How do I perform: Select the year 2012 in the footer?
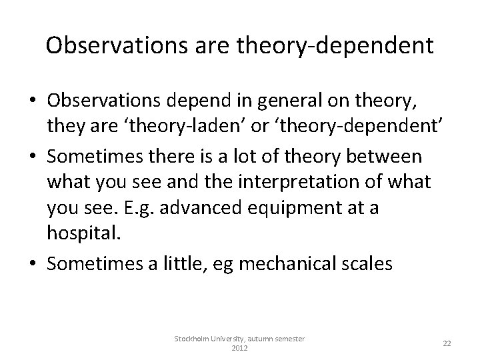(x=239, y=348)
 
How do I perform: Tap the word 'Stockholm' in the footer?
(x=192, y=339)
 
